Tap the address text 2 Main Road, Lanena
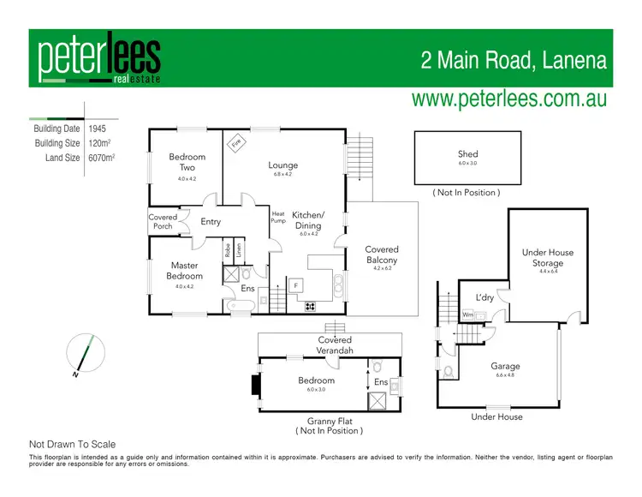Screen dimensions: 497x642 tap(514, 61)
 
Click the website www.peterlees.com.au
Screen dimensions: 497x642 tap(508, 98)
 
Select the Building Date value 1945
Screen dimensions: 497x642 tap(98, 129)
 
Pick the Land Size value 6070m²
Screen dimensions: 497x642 tap(101, 158)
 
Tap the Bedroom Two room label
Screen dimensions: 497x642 tap(187, 162)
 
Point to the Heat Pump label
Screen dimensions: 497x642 tap(278, 217)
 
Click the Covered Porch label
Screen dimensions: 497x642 tap(163, 222)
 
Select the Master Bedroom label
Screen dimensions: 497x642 tap(185, 271)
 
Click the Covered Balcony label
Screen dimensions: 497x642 tap(382, 254)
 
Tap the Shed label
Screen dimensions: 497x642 tap(467, 154)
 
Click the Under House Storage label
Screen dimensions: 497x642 tap(548, 258)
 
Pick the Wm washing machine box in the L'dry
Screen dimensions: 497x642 tap(467, 314)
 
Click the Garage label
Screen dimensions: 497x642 tap(505, 366)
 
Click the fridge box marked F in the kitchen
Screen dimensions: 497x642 tap(296, 284)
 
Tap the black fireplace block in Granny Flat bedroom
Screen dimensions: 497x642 tap(255, 385)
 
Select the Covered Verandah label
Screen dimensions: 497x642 tap(335, 345)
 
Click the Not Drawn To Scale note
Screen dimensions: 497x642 tap(73, 444)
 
